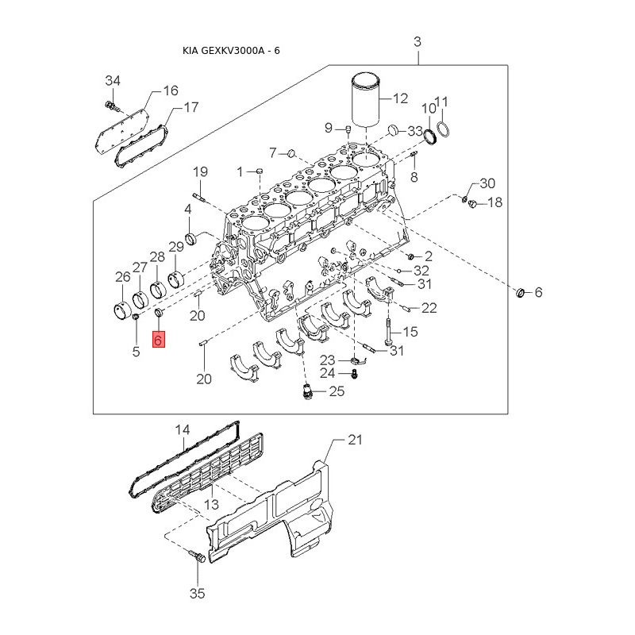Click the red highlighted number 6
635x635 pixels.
click(158, 340)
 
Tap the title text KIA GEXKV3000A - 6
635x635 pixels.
click(231, 51)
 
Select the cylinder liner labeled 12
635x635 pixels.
click(366, 98)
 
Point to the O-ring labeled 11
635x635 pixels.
click(443, 129)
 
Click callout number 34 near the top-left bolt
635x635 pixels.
click(113, 81)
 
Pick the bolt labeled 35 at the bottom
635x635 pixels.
click(198, 557)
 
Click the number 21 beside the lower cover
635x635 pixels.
click(355, 440)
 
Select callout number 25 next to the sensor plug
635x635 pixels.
click(337, 391)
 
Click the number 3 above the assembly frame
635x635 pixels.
click(418, 41)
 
